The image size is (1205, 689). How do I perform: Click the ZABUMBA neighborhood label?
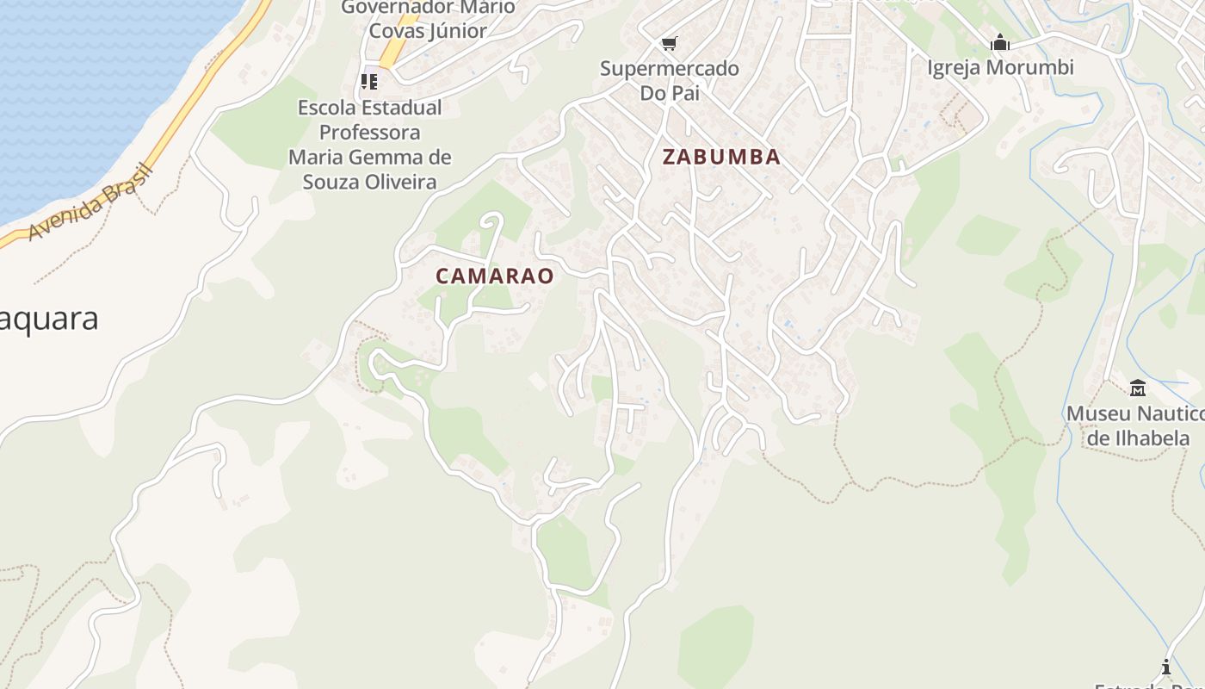[721, 157]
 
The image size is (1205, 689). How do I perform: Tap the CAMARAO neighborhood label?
[494, 276]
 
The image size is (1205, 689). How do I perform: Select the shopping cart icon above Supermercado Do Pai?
[669, 43]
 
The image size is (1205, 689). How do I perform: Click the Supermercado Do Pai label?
[669, 80]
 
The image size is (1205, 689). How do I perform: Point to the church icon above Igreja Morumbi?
[999, 41]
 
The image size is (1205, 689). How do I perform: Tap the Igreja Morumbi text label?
[1000, 67]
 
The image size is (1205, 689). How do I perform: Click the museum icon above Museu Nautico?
[1137, 388]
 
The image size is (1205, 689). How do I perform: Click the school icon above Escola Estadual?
[369, 82]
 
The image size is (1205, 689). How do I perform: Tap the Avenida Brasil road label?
[90, 202]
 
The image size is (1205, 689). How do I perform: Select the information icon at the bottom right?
[1166, 667]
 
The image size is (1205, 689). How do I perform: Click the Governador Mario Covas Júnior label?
[428, 19]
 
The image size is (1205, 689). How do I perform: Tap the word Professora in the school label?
[370, 132]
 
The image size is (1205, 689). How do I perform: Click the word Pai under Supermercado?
[685, 92]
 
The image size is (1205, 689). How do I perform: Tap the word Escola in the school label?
[328, 108]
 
